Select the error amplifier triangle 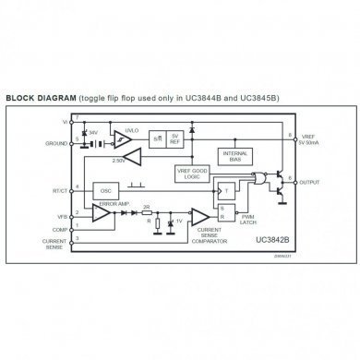102,214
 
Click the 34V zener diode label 92,133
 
